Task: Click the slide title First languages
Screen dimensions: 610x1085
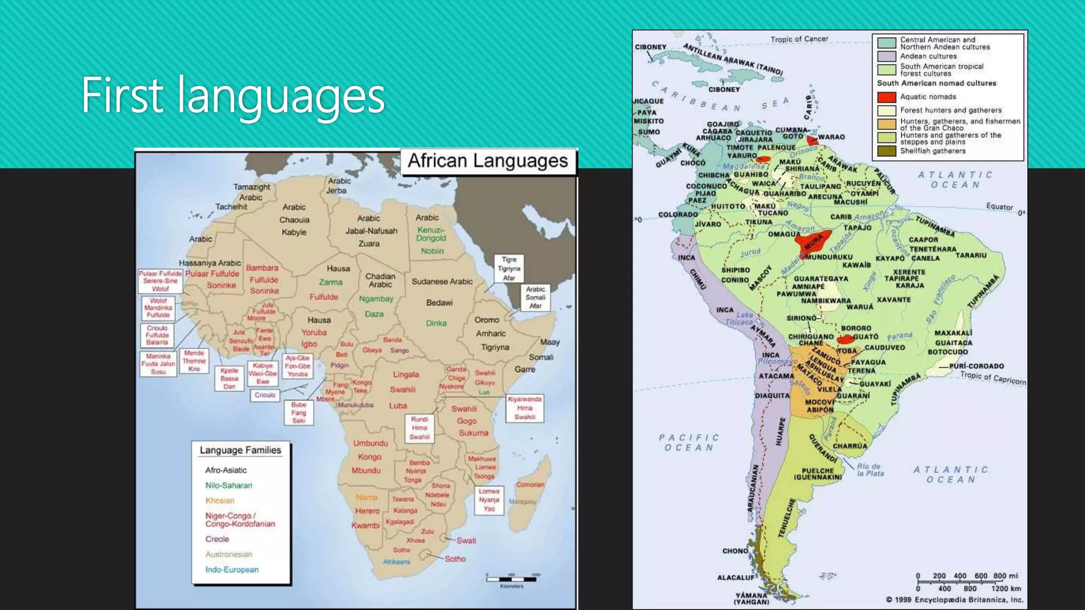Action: point(233,96)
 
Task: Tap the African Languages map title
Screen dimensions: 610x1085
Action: point(487,161)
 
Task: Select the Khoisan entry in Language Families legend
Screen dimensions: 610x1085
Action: point(220,500)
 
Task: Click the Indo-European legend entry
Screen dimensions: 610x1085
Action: point(232,570)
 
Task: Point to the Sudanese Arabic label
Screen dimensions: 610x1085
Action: point(442,282)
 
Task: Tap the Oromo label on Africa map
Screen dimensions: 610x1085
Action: point(487,320)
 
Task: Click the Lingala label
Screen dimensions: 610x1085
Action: point(406,374)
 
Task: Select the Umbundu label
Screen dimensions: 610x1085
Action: point(370,443)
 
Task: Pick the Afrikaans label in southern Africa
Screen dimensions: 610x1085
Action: point(397,562)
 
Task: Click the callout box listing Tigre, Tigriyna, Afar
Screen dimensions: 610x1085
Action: point(509,268)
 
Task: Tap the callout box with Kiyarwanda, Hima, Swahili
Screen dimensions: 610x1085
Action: point(524,408)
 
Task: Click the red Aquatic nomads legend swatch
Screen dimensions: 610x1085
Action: point(886,97)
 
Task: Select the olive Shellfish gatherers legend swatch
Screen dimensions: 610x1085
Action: point(886,151)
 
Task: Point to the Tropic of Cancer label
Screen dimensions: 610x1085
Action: point(799,39)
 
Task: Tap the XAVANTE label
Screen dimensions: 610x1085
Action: point(894,300)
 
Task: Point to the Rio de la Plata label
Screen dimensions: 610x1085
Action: point(870,470)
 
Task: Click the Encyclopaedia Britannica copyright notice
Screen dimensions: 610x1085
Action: point(954,599)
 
